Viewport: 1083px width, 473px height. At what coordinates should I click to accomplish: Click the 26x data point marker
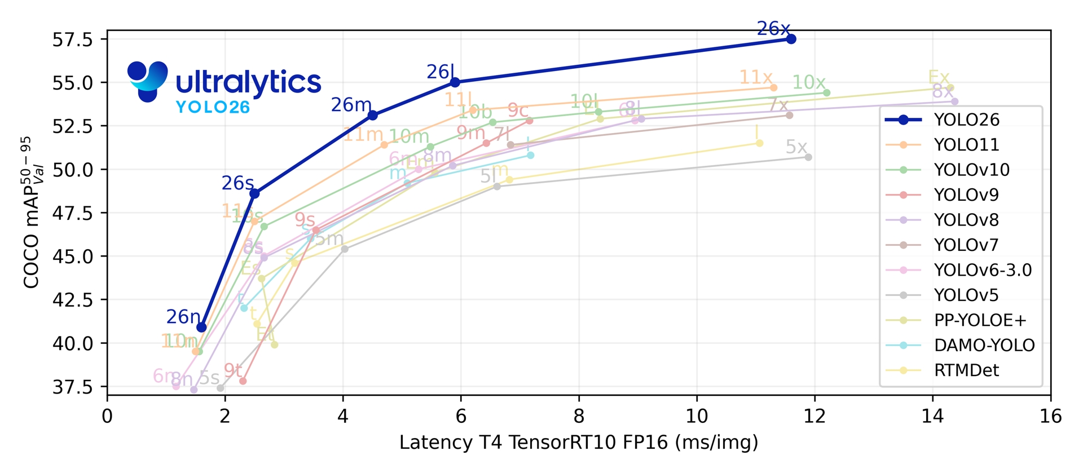click(791, 39)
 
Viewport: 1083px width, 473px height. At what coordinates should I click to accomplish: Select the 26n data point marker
click(201, 328)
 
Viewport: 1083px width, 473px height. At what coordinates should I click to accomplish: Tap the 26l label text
click(440, 72)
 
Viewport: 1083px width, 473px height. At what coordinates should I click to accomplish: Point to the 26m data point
click(372, 116)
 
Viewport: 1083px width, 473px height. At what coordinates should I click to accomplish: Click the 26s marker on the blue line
click(254, 193)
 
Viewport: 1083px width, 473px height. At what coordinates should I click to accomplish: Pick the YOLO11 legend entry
click(966, 145)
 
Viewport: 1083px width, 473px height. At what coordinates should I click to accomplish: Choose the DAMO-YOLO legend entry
click(984, 345)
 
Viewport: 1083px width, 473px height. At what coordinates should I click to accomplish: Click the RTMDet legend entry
click(966, 370)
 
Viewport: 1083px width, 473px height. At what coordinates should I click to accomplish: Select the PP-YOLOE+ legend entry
click(980, 320)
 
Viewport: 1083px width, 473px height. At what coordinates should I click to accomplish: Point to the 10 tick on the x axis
click(697, 417)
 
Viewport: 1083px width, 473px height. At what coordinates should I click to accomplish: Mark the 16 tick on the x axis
click(1050, 417)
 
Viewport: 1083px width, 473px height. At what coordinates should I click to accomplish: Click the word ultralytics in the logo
click(248, 83)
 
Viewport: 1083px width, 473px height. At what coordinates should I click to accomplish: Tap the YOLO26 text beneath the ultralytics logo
click(213, 107)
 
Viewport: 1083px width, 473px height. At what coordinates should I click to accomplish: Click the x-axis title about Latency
click(579, 443)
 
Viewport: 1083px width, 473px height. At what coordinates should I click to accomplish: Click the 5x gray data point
click(808, 157)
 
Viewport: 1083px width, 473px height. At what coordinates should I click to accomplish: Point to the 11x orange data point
click(773, 87)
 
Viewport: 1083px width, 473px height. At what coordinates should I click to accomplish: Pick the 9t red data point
click(243, 381)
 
